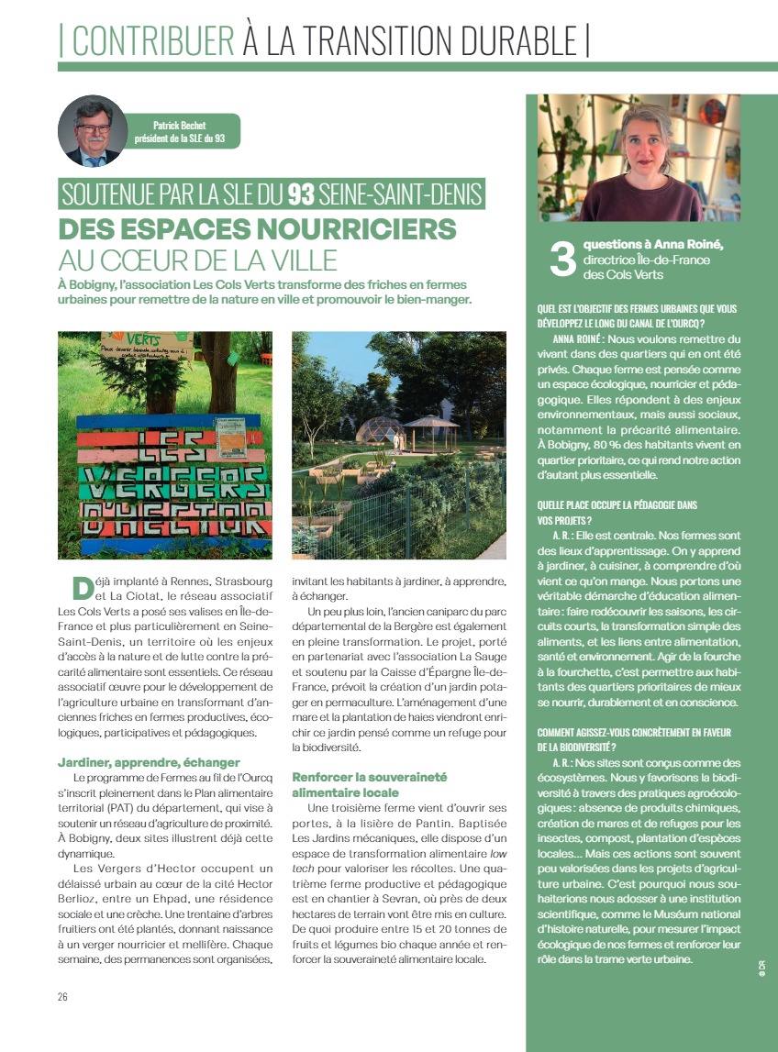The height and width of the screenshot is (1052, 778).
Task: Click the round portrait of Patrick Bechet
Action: point(93,130)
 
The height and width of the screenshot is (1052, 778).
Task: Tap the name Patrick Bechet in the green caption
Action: point(181,126)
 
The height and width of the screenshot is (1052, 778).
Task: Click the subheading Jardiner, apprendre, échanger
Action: point(149,762)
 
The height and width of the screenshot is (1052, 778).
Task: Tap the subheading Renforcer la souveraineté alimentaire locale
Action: point(369,784)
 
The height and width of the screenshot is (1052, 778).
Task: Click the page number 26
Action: point(63,997)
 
